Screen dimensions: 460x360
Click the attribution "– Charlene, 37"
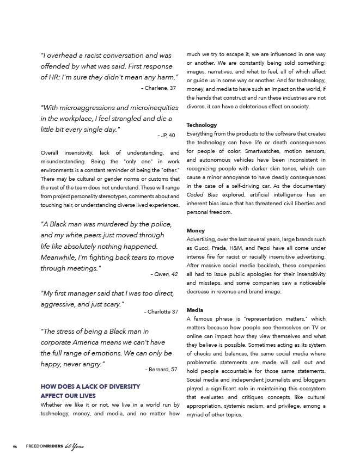pos(158,87)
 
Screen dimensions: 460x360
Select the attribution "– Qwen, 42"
pos(163,274)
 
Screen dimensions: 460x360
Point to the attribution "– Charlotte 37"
pos(161,311)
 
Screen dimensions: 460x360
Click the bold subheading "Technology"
pos(202,125)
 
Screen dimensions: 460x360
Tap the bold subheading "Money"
pos(197,231)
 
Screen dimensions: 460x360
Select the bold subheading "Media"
pos(196,310)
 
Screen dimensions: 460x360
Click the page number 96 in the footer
pos(15,447)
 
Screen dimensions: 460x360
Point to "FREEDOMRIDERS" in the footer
pos(44,447)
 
